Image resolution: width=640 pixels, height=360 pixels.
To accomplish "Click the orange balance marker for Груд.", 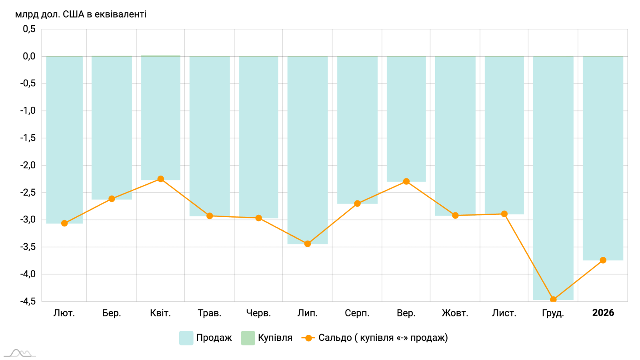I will [553, 299].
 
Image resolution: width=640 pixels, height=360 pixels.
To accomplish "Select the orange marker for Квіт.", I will [160, 179].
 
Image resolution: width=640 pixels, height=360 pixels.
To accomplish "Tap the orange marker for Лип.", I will [308, 244].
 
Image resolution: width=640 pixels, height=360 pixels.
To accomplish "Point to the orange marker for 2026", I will [603, 260].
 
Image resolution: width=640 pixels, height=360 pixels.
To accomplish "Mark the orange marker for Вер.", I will [406, 181].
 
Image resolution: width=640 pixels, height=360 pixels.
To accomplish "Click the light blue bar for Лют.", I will [64, 140].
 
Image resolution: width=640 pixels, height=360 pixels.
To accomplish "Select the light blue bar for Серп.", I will [357, 130].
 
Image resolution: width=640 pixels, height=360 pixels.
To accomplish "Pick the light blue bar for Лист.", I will [504, 135].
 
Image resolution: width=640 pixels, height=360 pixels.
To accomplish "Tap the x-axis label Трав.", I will [209, 313].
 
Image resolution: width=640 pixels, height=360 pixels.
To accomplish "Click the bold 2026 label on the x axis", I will [603, 313].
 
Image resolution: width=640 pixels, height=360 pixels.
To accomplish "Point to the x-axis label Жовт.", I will [455, 313].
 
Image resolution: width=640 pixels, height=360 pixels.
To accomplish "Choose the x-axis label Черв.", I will [258, 313].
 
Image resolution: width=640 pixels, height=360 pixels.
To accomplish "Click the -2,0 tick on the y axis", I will [28, 165].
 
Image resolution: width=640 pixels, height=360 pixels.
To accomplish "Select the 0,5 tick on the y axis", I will [29, 29].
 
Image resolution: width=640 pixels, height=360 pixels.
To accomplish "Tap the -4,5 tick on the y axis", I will [28, 301].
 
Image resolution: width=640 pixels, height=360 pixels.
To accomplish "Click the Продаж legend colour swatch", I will [186, 338].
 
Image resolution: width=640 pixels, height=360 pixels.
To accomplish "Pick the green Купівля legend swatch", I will [248, 338].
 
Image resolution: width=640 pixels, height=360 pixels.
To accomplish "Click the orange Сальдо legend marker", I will [308, 338].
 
